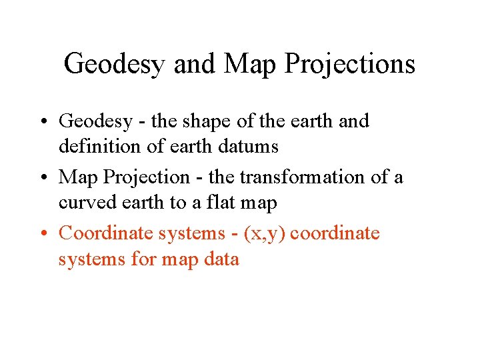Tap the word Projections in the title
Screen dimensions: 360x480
(x=349, y=64)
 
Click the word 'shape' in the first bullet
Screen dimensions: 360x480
(x=200, y=121)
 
